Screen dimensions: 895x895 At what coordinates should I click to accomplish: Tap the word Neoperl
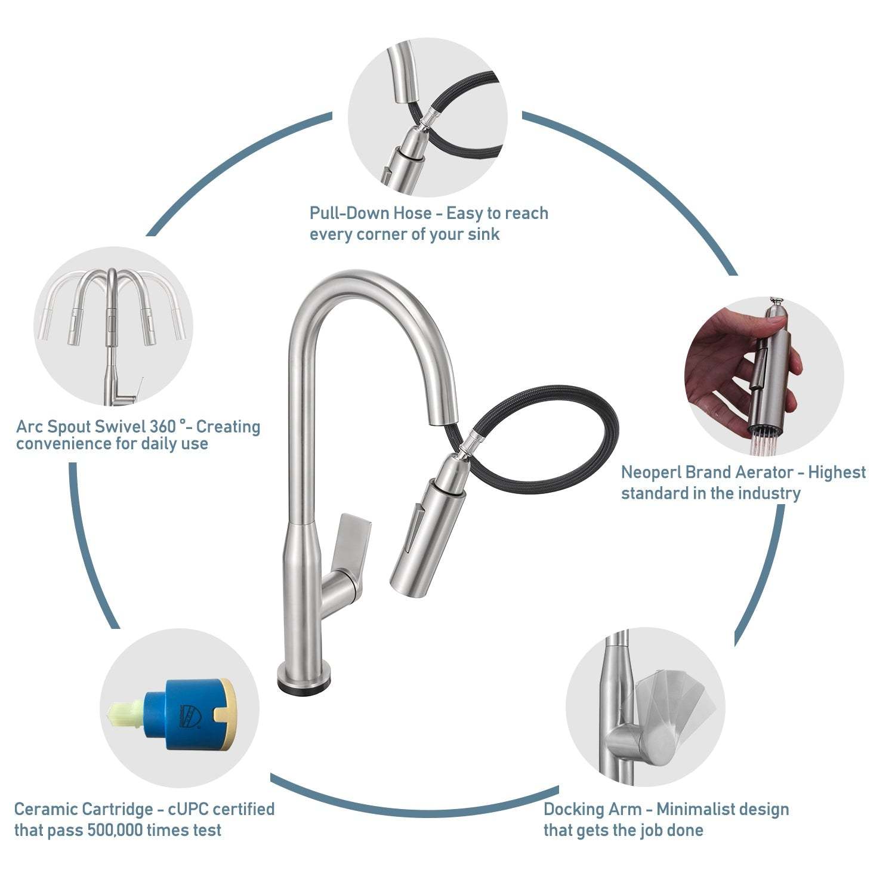[x=651, y=473]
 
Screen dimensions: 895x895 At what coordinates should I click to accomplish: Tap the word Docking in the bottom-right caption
[x=574, y=810]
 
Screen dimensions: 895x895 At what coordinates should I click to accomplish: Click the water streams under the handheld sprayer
[x=767, y=444]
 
